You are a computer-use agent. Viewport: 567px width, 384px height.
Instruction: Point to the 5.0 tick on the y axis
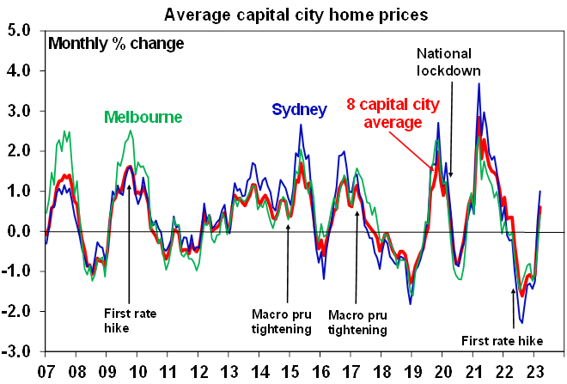[x=20, y=30]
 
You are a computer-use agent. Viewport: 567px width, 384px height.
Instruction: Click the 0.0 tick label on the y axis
[x=20, y=232]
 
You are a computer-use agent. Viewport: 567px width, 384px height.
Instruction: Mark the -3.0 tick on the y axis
[x=18, y=352]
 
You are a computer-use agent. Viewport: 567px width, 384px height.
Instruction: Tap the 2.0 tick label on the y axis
[x=20, y=151]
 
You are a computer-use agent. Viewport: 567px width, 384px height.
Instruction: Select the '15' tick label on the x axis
[x=295, y=370]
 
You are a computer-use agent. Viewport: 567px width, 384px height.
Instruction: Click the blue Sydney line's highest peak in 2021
[x=479, y=83]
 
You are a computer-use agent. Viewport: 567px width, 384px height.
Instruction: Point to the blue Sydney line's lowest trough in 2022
[x=521, y=324]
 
